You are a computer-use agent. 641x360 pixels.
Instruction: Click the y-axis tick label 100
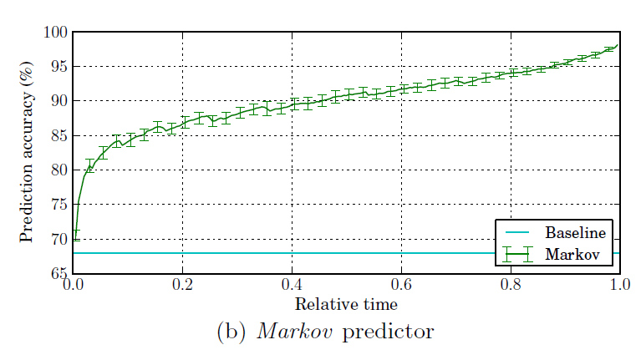coord(54,32)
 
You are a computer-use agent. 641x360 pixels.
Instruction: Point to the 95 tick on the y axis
coord(58,67)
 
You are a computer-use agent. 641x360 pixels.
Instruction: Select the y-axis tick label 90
coord(58,101)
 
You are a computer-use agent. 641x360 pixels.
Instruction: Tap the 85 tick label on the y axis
coord(58,135)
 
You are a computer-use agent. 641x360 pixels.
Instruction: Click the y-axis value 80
coord(58,170)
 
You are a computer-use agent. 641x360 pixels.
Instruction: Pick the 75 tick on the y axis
coord(58,205)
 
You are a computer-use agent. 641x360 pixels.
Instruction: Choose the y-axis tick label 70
coord(58,240)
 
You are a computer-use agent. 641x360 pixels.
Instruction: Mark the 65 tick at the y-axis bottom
coord(58,274)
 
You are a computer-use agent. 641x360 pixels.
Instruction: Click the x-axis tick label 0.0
coord(74,286)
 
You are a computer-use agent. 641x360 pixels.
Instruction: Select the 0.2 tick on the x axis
coord(183,286)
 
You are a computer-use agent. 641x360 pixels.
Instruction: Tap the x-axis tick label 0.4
coord(292,286)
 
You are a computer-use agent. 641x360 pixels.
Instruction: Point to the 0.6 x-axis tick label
coord(401,286)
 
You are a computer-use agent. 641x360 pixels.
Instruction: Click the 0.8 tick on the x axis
coord(511,286)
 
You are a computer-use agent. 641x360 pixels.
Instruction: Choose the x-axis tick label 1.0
coord(619,286)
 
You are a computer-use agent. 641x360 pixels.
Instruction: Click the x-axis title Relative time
coord(346,303)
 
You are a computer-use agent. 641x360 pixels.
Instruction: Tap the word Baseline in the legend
coord(575,231)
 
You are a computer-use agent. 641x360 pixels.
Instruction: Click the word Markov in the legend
coord(572,254)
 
